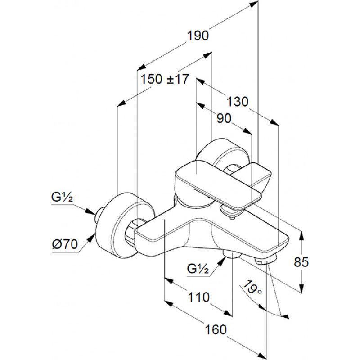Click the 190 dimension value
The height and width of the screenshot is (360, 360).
coord(198,36)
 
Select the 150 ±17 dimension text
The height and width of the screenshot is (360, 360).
coord(165,79)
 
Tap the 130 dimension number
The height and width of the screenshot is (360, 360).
coord(238,102)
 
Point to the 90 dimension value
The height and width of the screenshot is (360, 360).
coord(224,118)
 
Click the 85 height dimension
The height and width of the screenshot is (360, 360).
coord(301,262)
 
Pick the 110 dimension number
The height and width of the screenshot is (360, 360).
coord(199,297)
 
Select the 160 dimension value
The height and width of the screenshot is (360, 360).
coord(216,329)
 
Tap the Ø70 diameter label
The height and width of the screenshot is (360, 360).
coord(65,244)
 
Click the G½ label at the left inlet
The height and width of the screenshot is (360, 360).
coord(62,197)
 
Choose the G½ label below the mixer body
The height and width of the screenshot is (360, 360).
coord(198,269)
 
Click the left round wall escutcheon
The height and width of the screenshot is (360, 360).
coord(125,225)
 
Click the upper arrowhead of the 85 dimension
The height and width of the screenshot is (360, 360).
coord(301,235)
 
